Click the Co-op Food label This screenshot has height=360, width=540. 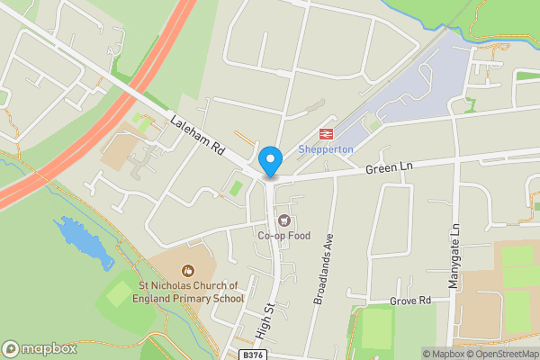pos(283,236)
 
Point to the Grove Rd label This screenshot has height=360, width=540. pos(410,300)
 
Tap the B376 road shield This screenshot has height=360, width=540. pos(253,355)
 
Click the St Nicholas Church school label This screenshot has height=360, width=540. pos(190,292)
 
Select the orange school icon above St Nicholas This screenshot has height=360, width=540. pos(188,270)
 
